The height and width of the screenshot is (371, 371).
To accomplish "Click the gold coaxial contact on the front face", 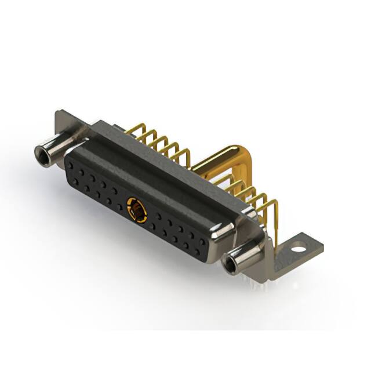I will click(x=137, y=209).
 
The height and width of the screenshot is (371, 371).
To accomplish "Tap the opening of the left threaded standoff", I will click(x=42, y=155).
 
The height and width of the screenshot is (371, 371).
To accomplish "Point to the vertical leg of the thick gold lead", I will click(x=248, y=174).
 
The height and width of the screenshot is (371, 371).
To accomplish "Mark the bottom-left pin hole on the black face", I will click(x=76, y=181).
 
